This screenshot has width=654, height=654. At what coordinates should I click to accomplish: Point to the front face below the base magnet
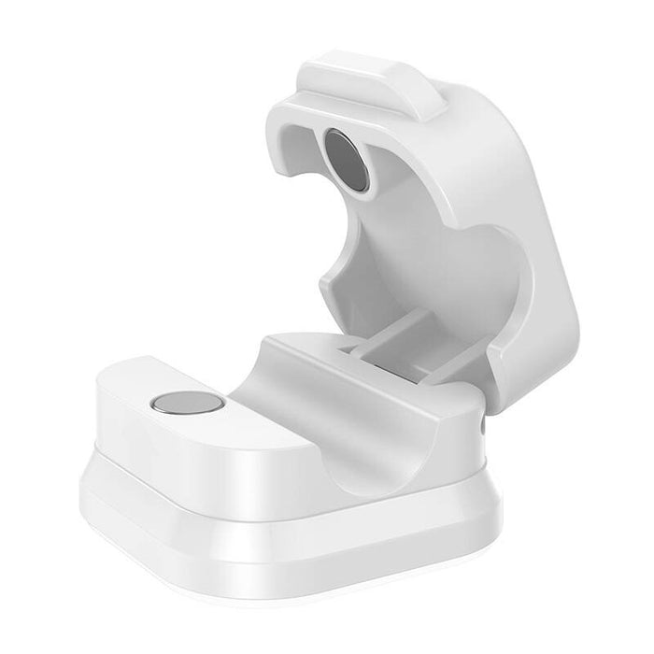pos(187,458)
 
